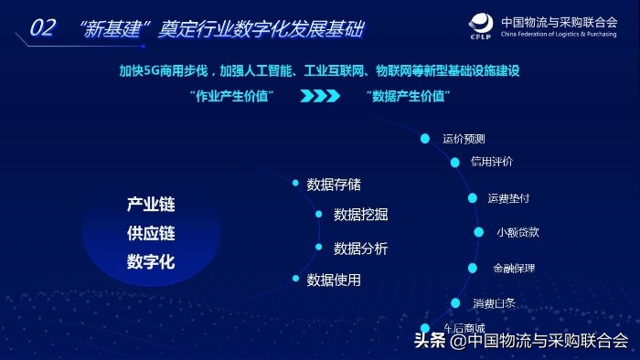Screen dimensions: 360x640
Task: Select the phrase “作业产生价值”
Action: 230,95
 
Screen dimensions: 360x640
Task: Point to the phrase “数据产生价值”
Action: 409,95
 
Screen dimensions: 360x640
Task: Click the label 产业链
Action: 151,204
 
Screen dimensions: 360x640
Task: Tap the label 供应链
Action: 151,233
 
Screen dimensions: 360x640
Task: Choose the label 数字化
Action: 151,262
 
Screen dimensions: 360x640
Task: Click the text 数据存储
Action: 334,185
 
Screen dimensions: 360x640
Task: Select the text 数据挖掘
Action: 360,215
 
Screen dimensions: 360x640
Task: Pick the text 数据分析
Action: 360,248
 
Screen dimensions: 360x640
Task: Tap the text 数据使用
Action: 334,280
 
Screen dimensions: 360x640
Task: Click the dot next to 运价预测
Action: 425,139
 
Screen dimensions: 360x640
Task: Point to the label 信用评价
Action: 491,162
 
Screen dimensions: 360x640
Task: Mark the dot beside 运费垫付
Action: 473,197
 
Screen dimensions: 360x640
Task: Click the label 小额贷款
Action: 517,232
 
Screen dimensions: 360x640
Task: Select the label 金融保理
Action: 513,269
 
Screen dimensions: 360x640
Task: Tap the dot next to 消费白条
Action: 455,302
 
